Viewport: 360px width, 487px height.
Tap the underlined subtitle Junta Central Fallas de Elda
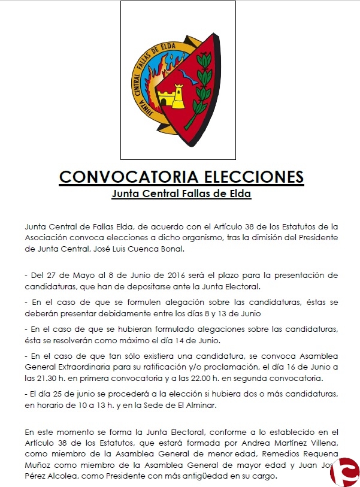(181, 194)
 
